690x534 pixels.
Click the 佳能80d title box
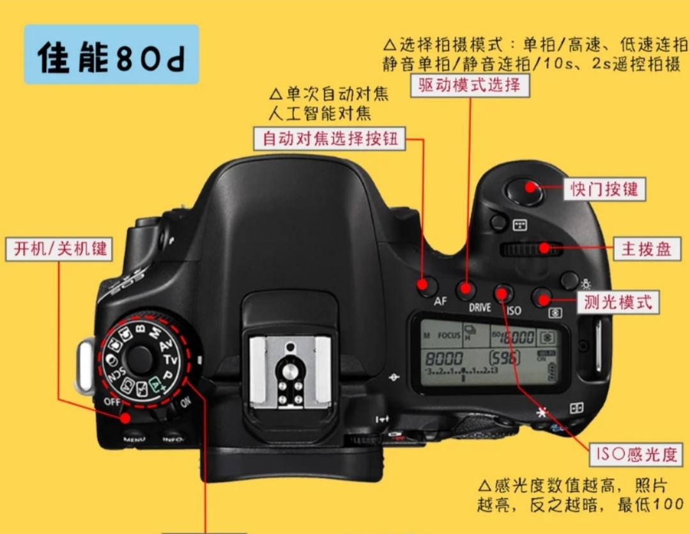tap(111, 56)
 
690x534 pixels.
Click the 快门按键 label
tap(604, 189)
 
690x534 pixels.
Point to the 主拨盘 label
tap(647, 249)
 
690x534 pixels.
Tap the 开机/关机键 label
tap(60, 249)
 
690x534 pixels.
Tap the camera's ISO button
tap(503, 294)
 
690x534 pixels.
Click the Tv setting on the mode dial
tap(170, 360)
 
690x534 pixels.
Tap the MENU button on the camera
tap(134, 439)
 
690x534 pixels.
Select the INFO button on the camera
tap(172, 439)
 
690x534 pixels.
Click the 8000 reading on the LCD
tap(444, 358)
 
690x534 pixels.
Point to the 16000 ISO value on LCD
tap(516, 338)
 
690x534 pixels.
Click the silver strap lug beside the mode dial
tap(84, 366)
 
